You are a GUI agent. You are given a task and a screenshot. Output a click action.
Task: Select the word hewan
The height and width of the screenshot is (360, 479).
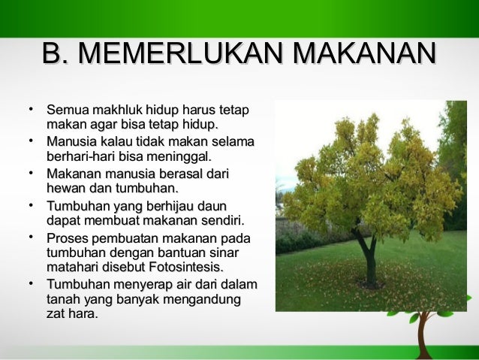[x=64, y=188]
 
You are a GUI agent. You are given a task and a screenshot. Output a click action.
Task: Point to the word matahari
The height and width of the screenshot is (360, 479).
[x=72, y=268]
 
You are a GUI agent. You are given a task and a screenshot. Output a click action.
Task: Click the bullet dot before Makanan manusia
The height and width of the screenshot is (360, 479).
[x=32, y=174]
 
